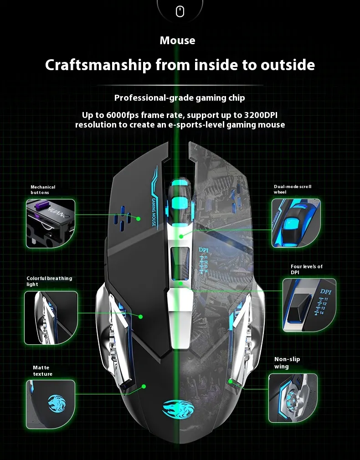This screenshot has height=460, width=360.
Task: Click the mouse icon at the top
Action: (x=180, y=12)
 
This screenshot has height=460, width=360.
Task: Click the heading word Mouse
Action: (x=177, y=41)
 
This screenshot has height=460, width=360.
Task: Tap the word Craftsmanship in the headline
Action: (x=98, y=65)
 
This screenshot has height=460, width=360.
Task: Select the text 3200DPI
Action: (x=261, y=115)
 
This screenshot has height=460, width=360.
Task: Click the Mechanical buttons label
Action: (x=43, y=190)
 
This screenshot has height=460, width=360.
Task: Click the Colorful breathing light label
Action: (x=49, y=281)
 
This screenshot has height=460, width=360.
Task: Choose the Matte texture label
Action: (x=42, y=371)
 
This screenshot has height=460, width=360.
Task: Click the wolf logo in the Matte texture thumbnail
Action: (x=57, y=403)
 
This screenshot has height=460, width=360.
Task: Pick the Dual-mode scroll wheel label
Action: (x=293, y=189)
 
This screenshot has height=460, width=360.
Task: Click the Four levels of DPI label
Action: (x=307, y=269)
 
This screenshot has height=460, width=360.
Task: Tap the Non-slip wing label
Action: (x=287, y=363)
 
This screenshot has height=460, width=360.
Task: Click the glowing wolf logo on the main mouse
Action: (x=178, y=409)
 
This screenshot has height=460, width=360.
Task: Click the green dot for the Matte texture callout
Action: (x=144, y=386)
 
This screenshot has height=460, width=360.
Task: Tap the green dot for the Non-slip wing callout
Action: (x=231, y=381)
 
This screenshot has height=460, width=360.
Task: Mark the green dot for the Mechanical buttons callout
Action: (x=138, y=219)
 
